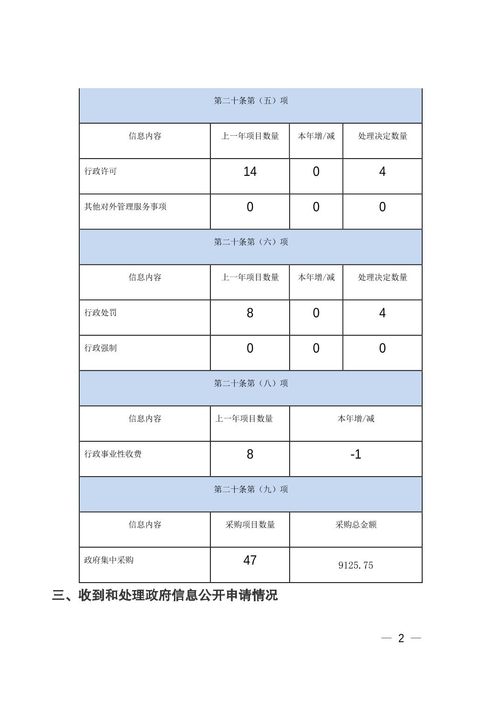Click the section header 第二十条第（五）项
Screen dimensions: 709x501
pos(250,101)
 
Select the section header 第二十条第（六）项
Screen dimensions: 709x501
pos(250,242)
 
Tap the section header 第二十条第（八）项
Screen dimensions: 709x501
pos(250,383)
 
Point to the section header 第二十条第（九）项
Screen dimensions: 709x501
pos(250,489)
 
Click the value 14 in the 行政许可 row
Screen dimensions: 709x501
pos(250,172)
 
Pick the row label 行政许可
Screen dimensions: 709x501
pos(101,171)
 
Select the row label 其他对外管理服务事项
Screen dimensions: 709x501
pos(125,207)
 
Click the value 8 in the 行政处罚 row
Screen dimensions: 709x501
pos(250,313)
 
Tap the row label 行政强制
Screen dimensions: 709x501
pos(101,348)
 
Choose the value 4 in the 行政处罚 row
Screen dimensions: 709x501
pos(382,313)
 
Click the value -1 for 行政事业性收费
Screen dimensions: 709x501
pos(355,454)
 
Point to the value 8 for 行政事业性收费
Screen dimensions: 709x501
pos(250,454)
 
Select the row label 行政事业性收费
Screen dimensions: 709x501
pos(113,454)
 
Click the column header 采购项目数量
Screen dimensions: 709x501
pos(250,525)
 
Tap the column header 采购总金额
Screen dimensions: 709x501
pos(355,525)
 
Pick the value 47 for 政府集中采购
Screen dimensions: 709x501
pos(250,560)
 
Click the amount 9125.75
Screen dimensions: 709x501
pos(355,565)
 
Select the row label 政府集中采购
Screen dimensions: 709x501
pos(109,560)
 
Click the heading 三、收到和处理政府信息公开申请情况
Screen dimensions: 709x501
pos(165,595)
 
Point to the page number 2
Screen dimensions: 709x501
pos(401,638)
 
